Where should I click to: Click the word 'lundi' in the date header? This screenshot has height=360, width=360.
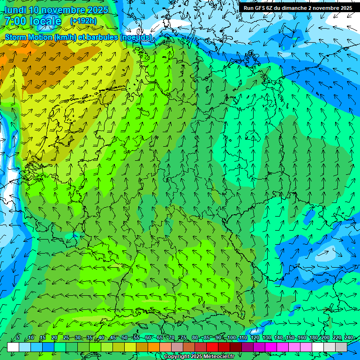[x=14, y=10]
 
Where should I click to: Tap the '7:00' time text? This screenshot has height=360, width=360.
[x=15, y=22]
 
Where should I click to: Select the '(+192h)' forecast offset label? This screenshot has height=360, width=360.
[x=83, y=21]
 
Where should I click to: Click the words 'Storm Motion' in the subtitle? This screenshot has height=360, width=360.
[x=29, y=37]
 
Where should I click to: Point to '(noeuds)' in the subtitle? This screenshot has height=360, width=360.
[x=136, y=37]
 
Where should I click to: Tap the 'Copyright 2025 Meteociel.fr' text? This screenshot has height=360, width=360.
[x=199, y=357]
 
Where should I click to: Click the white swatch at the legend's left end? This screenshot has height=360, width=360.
[x=13, y=347]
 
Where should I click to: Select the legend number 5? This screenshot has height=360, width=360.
[x=18, y=338]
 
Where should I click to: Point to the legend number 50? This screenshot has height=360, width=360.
[x=124, y=338]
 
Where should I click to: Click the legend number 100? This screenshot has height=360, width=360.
[x=231, y=338]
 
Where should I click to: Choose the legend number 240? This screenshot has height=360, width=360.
[x=348, y=338]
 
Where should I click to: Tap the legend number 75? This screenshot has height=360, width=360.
[x=183, y=338]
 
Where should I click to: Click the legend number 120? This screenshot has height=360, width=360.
[x=255, y=338]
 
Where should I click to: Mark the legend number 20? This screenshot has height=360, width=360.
[x=54, y=338]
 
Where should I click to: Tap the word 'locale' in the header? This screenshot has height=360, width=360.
[x=45, y=22]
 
